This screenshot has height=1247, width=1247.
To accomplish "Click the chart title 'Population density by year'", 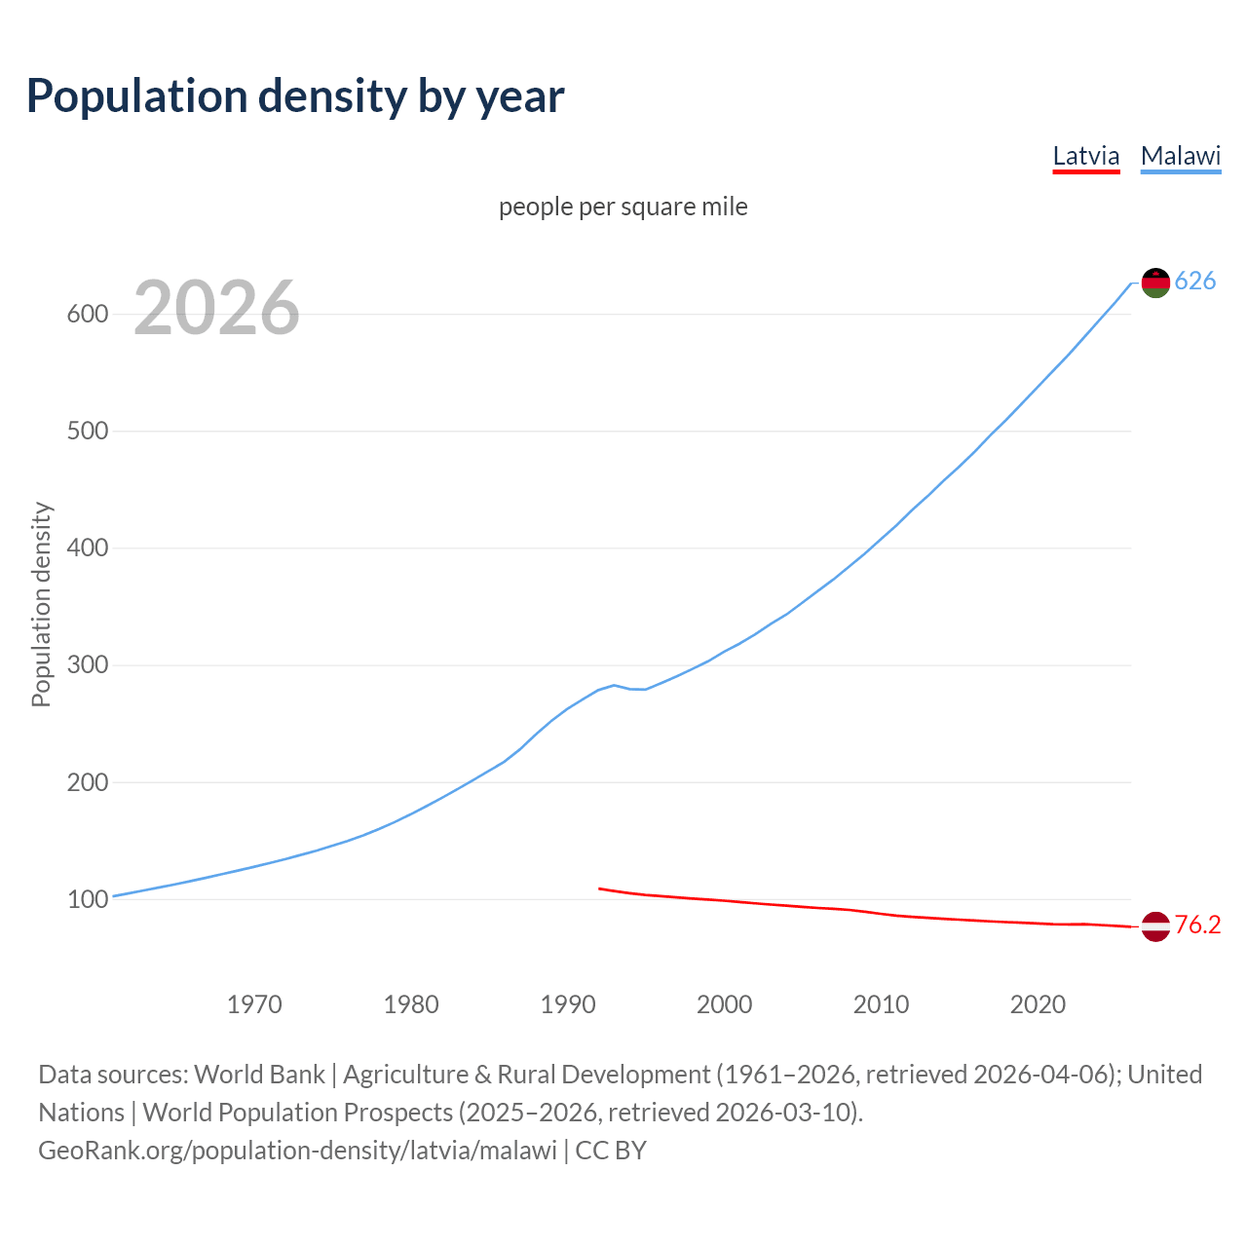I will pyautogui.click(x=295, y=95).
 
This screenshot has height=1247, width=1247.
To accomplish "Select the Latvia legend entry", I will pyautogui.click(x=1086, y=156).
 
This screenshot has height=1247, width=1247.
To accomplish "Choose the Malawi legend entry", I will pyautogui.click(x=1181, y=156).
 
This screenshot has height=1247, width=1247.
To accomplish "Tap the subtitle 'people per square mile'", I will pyautogui.click(x=623, y=207).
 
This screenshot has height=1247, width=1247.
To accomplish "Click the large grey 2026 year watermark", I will pyautogui.click(x=216, y=308).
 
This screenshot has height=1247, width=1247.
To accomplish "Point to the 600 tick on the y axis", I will pyautogui.click(x=87, y=314).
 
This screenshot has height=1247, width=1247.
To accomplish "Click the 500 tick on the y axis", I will pyautogui.click(x=87, y=431).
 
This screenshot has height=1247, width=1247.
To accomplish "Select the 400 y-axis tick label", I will pyautogui.click(x=87, y=548).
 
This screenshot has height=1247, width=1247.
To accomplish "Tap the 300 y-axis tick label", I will pyautogui.click(x=87, y=664).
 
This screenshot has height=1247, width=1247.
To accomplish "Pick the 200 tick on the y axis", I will pyautogui.click(x=87, y=781).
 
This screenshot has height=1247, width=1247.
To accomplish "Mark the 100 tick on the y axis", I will pyautogui.click(x=87, y=899).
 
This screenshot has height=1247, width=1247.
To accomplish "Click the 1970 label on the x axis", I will pyautogui.click(x=254, y=1004).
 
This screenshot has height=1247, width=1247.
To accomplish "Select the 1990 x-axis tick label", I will pyautogui.click(x=568, y=1004).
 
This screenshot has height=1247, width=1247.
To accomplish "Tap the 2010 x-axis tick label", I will pyautogui.click(x=881, y=1004).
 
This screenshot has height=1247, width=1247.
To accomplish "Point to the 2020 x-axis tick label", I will pyautogui.click(x=1038, y=1004).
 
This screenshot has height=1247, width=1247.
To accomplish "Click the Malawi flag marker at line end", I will pyautogui.click(x=1155, y=283).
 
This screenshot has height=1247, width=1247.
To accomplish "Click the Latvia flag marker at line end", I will pyautogui.click(x=1155, y=926).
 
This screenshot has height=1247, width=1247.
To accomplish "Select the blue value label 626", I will pyautogui.click(x=1195, y=282).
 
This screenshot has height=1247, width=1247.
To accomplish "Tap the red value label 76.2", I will pyautogui.click(x=1197, y=926).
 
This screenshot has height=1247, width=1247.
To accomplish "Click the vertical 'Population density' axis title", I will pyautogui.click(x=41, y=604).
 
